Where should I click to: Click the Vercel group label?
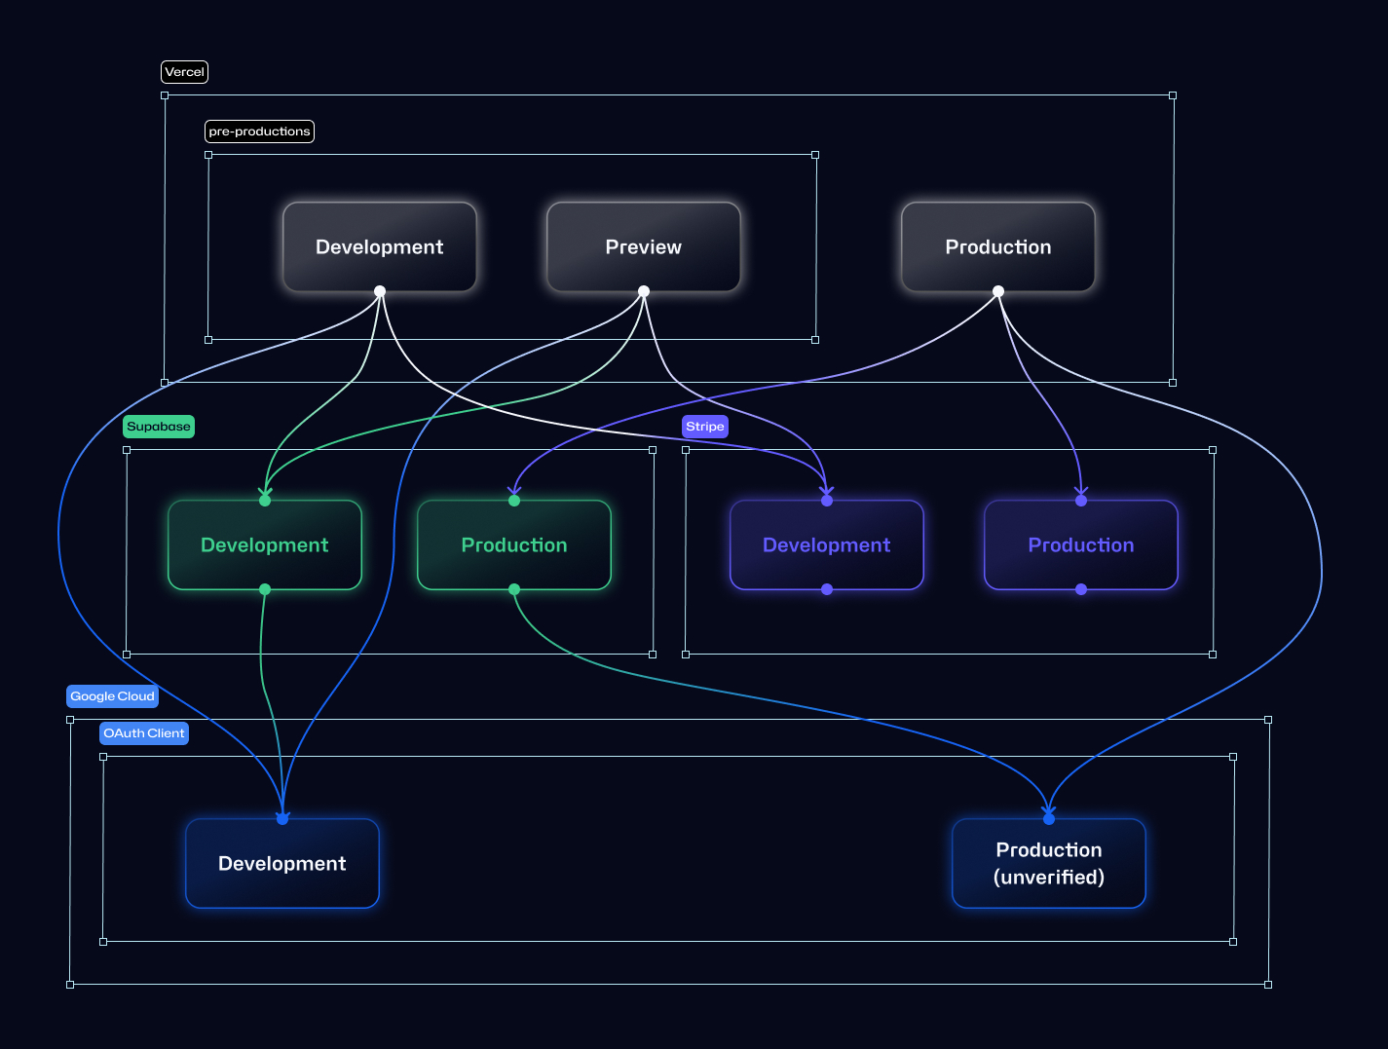coord(184,72)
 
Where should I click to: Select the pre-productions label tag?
coord(259,131)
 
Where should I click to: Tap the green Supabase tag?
coord(159,427)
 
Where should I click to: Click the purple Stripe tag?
coord(705,427)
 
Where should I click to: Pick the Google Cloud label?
coord(112,696)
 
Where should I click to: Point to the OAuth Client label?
coord(144,733)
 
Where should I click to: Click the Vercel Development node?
coord(380,247)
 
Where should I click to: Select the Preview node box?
coord(644,247)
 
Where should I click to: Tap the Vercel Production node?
coord(998,247)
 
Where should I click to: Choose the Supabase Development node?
coord(265,545)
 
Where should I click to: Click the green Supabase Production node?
coord(514,545)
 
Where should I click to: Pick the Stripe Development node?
coord(827,545)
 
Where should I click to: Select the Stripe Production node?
coord(1081,545)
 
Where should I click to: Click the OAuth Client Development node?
coord(282,864)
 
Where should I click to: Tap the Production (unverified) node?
coord(1049,864)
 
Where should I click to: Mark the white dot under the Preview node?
coord(644,291)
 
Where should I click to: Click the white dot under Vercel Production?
coord(998,291)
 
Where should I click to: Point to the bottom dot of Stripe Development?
coord(827,589)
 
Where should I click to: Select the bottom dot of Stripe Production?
coord(1081,589)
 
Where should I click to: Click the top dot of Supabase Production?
coord(514,501)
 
